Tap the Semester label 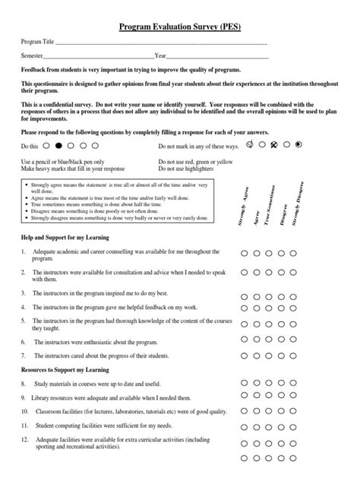pyautogui.click(x=32, y=55)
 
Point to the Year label pyautogui.click(x=160, y=55)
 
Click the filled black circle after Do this pyautogui.click(x=58, y=144)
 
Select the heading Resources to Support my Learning pyautogui.click(x=66, y=369)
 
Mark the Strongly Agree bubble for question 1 pyautogui.click(x=245, y=253)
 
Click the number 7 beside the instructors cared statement pyautogui.click(x=24, y=355)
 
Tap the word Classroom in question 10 pyautogui.click(x=50, y=411)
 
